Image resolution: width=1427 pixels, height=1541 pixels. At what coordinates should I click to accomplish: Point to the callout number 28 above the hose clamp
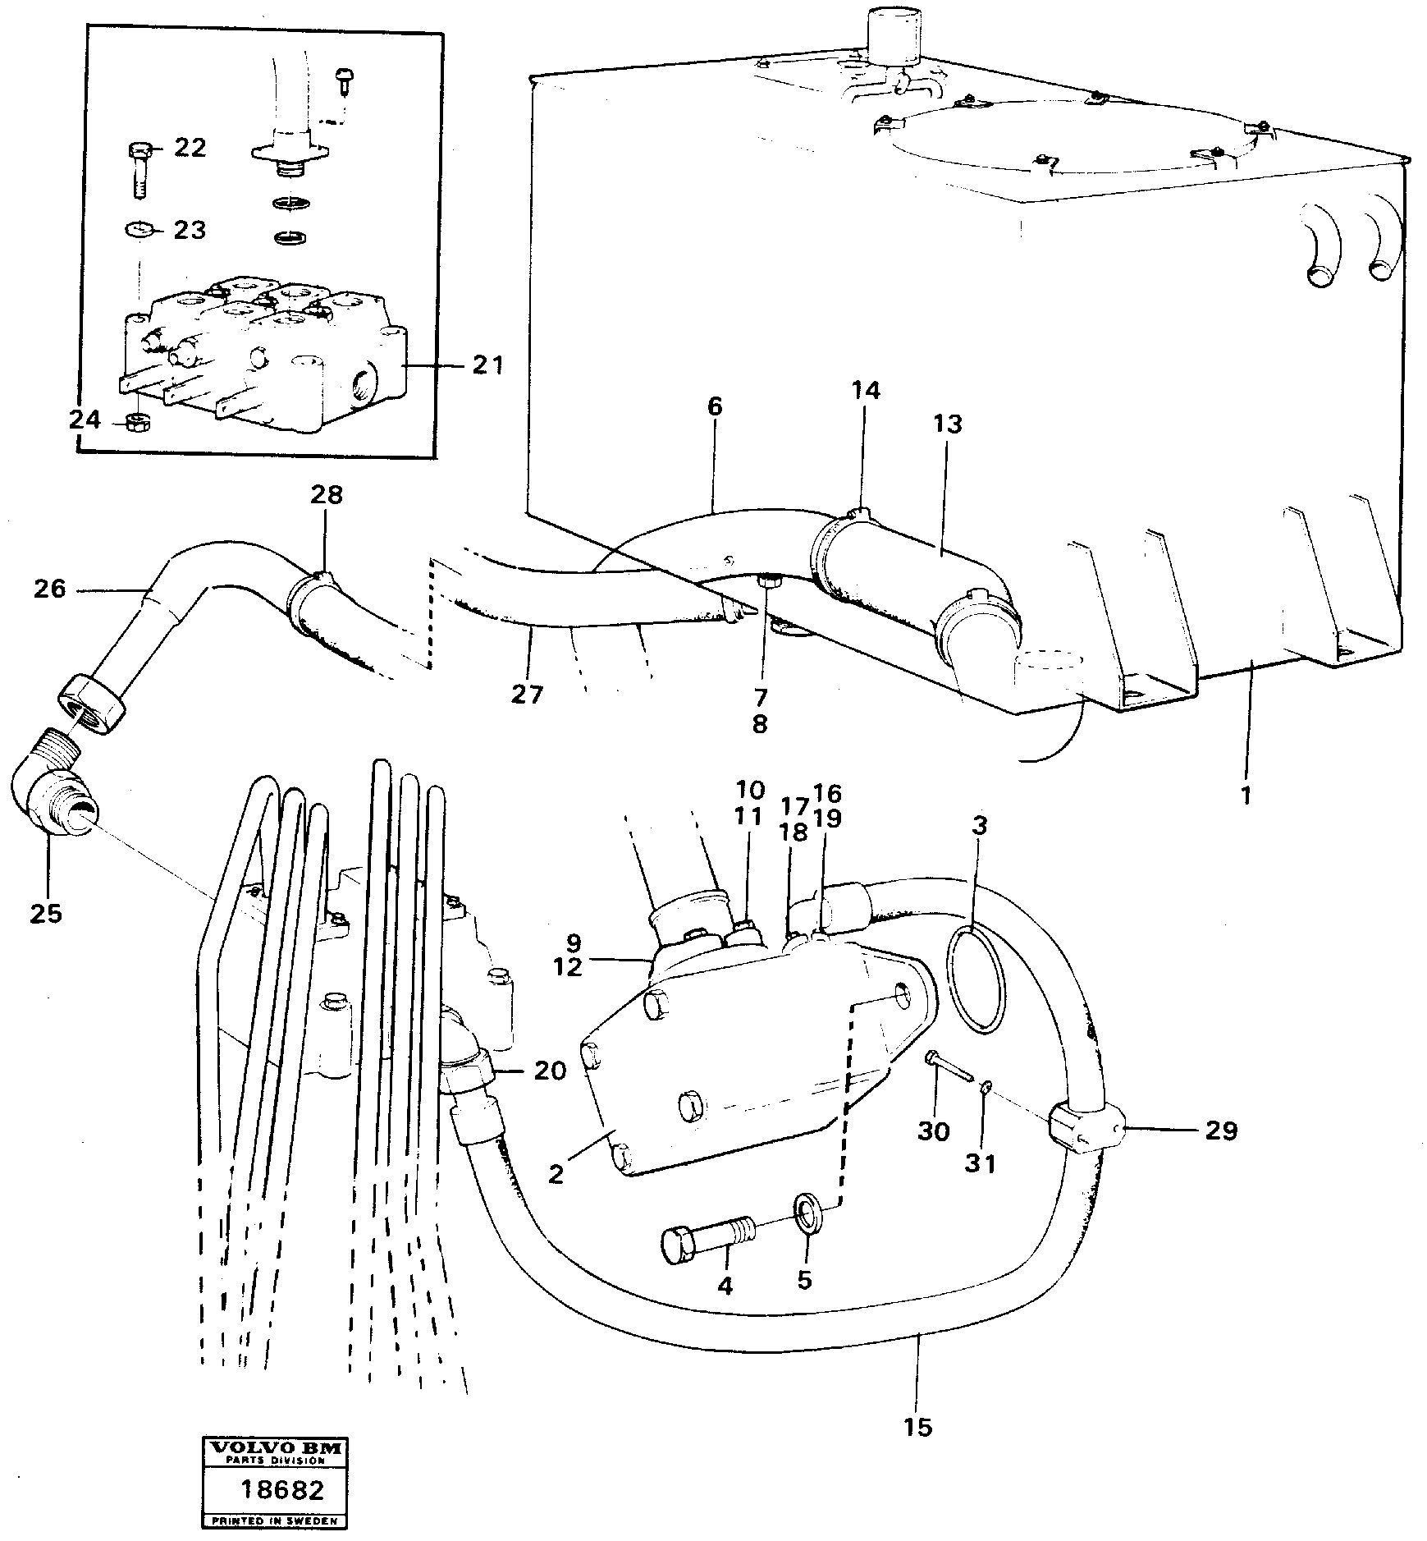tap(326, 495)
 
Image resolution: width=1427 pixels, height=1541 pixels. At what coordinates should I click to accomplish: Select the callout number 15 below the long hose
tap(918, 1426)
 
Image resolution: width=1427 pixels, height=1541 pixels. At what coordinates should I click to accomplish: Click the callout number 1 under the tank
tap(1246, 795)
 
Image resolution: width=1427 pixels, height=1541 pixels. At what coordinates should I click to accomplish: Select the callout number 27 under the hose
tap(527, 695)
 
